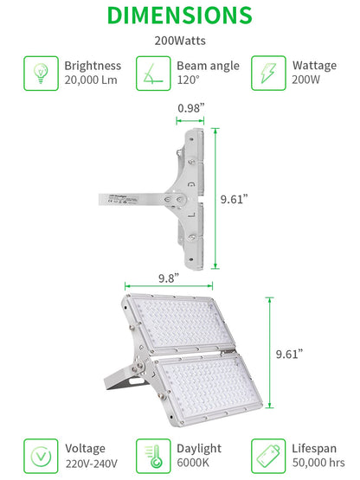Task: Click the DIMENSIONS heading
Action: coord(180,15)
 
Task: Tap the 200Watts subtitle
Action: coord(180,41)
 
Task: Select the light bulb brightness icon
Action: coord(41,74)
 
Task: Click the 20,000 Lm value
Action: coord(91,80)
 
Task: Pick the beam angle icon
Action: coord(153,74)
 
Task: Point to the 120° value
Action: coord(188,80)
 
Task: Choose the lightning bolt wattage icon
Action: coord(268,74)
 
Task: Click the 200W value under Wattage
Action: coord(305,80)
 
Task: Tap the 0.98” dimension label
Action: coord(191,108)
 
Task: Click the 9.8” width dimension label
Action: coord(169,278)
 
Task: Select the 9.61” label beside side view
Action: coord(234,199)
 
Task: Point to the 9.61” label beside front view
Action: coord(289,354)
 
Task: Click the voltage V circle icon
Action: coord(41,456)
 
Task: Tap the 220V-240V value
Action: coord(92,464)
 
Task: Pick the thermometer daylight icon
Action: coord(153,456)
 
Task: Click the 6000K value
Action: coord(193,463)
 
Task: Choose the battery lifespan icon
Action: coord(268,456)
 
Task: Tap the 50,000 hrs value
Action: coord(318,463)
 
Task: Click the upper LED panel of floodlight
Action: coord(181,324)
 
